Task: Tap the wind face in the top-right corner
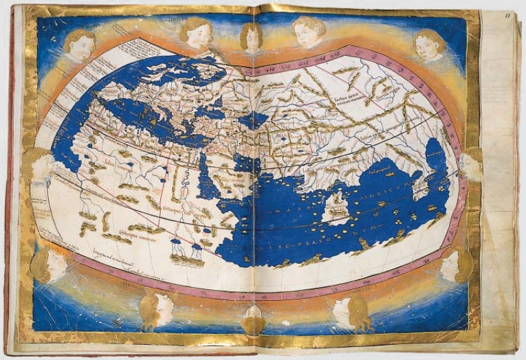[x=431, y=45]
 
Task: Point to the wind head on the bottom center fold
[x=252, y=319]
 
